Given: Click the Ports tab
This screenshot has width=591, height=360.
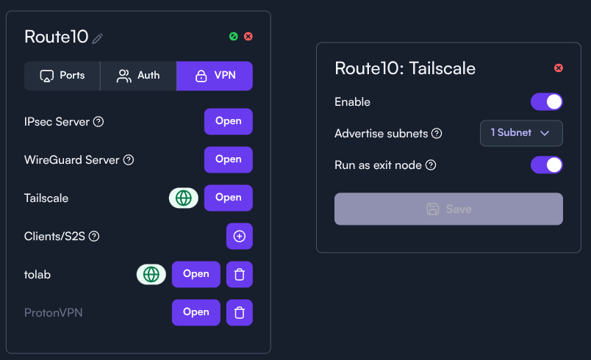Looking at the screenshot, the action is [x=62, y=76].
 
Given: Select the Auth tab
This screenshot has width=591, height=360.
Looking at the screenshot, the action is [x=138, y=76].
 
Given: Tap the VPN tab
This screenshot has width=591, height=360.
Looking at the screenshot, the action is [x=215, y=76].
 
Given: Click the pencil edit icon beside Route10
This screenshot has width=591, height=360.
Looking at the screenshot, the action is [x=98, y=38].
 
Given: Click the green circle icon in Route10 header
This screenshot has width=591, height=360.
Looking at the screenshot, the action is [x=234, y=37].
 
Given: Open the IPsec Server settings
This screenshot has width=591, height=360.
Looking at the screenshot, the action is [x=229, y=121].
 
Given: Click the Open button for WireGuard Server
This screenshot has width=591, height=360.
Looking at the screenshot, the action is [x=229, y=159].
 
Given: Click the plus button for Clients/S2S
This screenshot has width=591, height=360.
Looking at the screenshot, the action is [x=240, y=236].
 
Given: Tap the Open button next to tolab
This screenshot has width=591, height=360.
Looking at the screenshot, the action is [x=196, y=274].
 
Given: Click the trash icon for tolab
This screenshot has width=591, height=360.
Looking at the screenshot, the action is [x=240, y=274].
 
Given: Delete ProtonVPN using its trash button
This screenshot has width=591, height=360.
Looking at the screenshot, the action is [x=240, y=312].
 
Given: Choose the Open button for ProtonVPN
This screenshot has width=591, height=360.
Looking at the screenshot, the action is [x=196, y=312].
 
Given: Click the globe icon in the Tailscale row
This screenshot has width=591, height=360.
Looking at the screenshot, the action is [x=184, y=198].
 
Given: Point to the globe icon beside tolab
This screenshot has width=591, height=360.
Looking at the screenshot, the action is [x=151, y=274].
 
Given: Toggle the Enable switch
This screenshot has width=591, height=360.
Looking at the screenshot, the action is [x=546, y=101].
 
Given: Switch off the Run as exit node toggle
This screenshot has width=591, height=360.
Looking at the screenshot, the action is [x=546, y=165].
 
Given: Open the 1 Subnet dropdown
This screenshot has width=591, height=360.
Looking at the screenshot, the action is [x=521, y=133].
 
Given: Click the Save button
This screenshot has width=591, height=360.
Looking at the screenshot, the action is [x=448, y=209].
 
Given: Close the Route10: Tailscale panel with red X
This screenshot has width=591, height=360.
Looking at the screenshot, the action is [x=559, y=68].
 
